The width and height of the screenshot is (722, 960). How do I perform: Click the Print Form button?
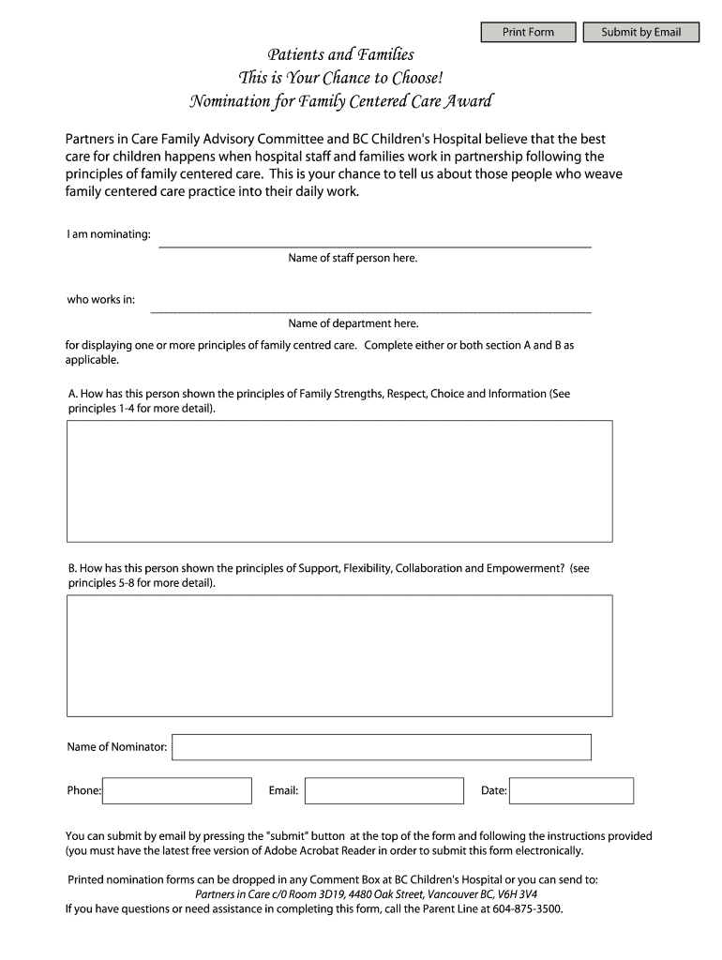[x=528, y=33]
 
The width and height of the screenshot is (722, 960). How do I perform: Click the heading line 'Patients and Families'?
[x=341, y=55]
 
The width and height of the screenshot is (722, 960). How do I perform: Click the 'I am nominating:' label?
[x=109, y=233]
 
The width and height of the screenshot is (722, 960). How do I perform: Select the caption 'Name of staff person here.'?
[x=353, y=258]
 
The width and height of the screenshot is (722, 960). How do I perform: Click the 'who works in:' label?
[x=100, y=300]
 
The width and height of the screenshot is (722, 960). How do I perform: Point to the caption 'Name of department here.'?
[x=353, y=323]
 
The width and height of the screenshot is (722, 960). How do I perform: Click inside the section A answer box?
[x=338, y=480]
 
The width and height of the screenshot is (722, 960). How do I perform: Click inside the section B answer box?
[x=338, y=654]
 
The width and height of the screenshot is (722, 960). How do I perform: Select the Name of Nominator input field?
[x=382, y=747]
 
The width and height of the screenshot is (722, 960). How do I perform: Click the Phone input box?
[x=177, y=790]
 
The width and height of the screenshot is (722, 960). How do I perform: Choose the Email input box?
[x=384, y=790]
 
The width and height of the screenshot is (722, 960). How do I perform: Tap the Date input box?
[x=571, y=790]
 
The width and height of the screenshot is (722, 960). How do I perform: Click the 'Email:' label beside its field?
[x=283, y=791]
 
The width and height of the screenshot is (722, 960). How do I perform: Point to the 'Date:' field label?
[x=494, y=791]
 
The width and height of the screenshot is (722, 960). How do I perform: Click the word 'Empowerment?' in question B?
[x=525, y=568]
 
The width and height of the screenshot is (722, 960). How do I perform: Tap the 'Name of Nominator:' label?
[x=117, y=747]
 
